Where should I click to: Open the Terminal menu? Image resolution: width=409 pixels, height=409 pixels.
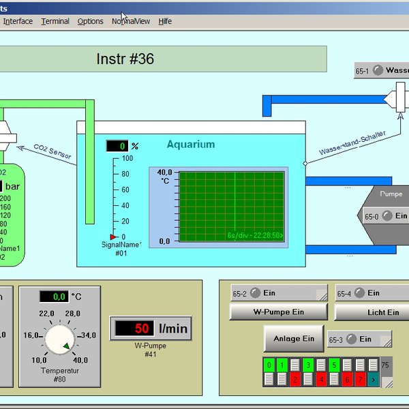tap(55, 21)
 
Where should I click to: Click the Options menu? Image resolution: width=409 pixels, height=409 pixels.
tap(91, 21)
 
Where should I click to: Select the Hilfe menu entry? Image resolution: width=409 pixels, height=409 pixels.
tap(165, 21)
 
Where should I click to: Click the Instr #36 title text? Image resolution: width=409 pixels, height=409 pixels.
tap(125, 59)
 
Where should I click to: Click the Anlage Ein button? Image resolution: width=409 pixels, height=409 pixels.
tap(294, 338)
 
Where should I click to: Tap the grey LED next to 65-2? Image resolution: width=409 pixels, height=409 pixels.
tap(256, 293)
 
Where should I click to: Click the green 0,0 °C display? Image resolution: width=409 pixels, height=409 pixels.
tap(53, 297)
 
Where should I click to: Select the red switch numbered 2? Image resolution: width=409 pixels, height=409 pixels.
tap(295, 378)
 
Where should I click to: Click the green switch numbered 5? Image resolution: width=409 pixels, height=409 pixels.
tap(334, 365)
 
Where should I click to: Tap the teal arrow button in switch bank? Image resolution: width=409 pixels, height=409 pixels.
tap(373, 378)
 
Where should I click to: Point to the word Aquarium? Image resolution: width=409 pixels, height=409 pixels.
tap(191, 145)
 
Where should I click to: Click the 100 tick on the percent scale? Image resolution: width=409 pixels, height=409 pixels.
tap(127, 158)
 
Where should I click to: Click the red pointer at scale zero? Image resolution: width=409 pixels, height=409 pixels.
tap(113, 237)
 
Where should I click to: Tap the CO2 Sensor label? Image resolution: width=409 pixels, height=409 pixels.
tap(52, 151)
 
